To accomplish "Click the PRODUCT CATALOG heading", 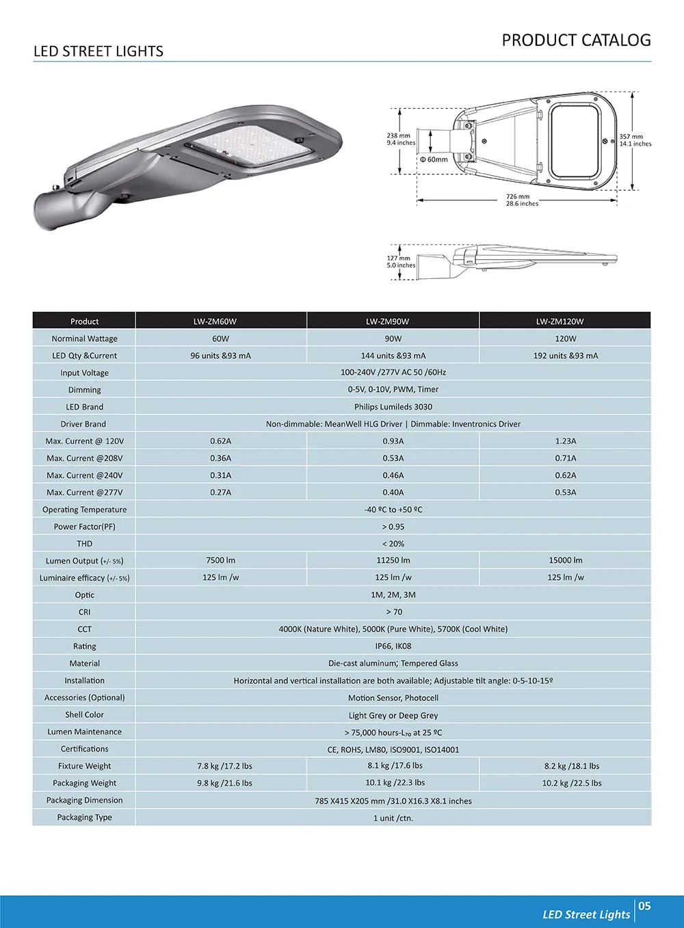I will point(576,40).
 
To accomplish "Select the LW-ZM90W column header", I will point(393,321).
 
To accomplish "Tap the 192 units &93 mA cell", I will point(565,356).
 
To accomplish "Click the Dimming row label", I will point(84,390).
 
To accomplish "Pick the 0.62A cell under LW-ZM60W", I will point(220,441).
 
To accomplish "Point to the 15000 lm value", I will point(565,560).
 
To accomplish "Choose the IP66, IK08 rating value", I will point(393,646).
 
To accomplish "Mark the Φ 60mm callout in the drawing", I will point(434,159).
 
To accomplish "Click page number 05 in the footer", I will point(644,906).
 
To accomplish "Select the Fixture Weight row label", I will point(84,766).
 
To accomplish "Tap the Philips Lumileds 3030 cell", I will point(393,407).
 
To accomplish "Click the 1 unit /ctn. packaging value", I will point(393,818).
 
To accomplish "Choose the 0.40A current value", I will point(393,492).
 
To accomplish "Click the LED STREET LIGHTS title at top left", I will point(98,51).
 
